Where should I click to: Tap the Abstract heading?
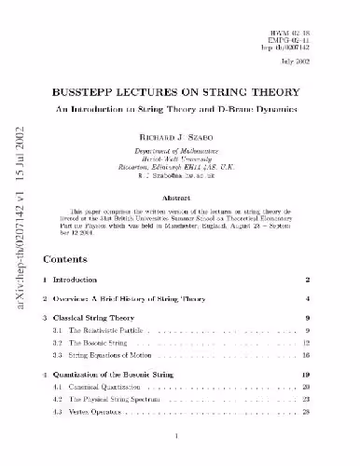pyautogui.click(x=181, y=198)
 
